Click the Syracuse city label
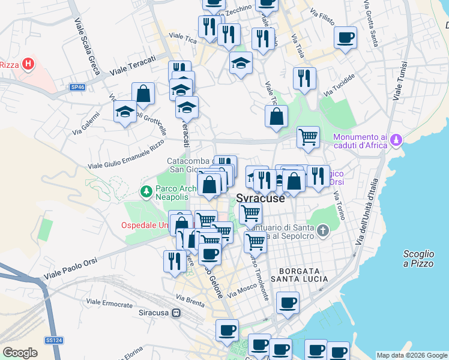pyautogui.click(x=261, y=199)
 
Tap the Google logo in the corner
pyautogui.click(x=20, y=353)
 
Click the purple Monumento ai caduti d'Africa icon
pyautogui.click(x=395, y=141)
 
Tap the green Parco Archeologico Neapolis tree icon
pyautogui.click(x=145, y=192)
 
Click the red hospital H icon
pyautogui.click(x=27, y=65)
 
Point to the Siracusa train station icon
pyautogui.click(x=176, y=313)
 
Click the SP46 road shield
pyautogui.click(x=77, y=88)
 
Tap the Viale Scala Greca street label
pyautogui.click(x=87, y=46)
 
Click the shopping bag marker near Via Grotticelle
pyautogui.click(x=143, y=94)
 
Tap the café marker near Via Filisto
pyautogui.click(x=345, y=38)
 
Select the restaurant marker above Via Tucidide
pyautogui.click(x=304, y=78)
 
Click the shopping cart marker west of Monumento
pyautogui.click(x=308, y=137)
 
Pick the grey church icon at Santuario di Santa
pyautogui.click(x=322, y=230)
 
